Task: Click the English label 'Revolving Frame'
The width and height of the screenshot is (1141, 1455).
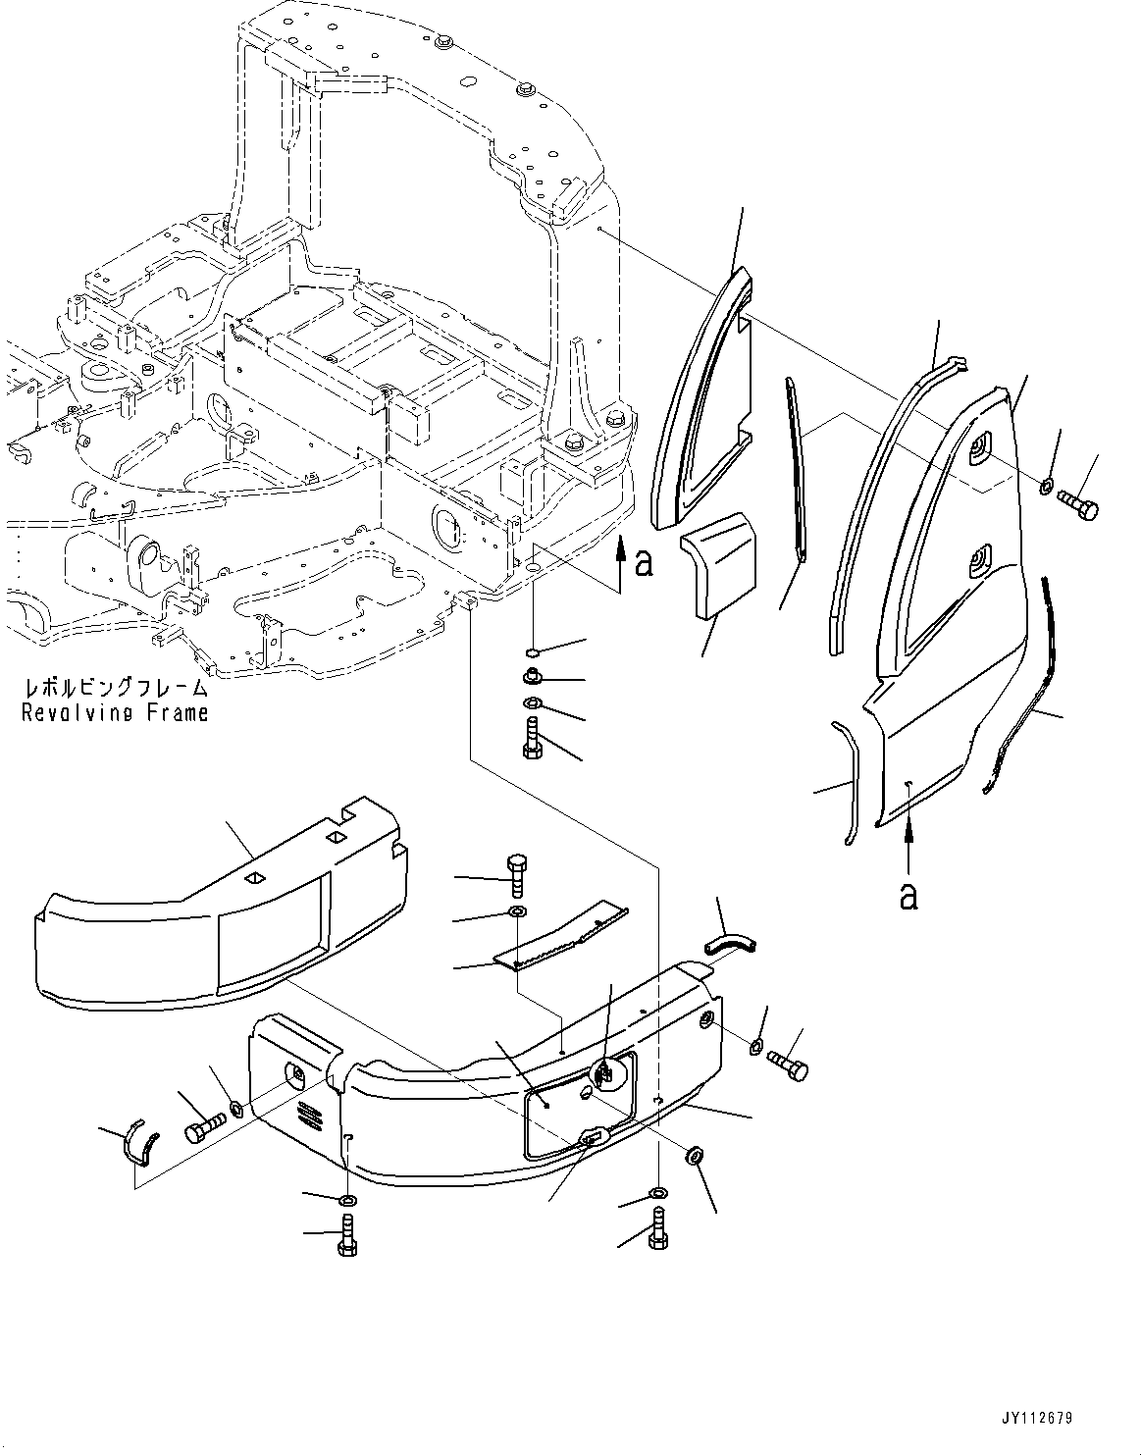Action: [116, 713]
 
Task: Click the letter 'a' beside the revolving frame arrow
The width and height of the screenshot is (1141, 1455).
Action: [644, 562]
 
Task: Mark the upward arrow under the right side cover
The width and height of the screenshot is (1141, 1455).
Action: [908, 845]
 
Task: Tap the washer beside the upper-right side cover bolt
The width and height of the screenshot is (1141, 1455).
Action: [1047, 485]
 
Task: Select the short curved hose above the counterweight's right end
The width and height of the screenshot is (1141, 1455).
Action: [732, 942]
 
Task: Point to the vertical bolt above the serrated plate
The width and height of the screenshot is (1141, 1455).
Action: [518, 873]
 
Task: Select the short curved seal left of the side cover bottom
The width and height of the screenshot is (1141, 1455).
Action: [848, 781]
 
